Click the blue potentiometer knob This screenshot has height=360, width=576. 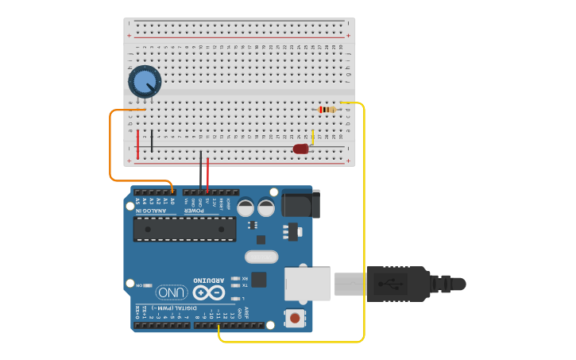click(144, 81)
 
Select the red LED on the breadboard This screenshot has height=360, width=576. click(300, 149)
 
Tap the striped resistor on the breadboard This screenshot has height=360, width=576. click(327, 109)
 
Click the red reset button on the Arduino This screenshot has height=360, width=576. click(295, 318)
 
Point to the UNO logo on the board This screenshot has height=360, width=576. click(172, 292)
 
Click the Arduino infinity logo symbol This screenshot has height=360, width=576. click(208, 292)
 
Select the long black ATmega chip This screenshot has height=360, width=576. click(184, 229)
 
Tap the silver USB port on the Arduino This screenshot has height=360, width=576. click(307, 284)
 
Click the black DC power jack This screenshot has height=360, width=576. click(300, 203)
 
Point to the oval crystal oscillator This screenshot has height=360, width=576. click(261, 257)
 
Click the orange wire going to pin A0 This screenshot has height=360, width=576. click(110, 151)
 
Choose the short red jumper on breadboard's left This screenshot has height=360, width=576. click(137, 144)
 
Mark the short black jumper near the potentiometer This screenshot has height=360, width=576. click(152, 141)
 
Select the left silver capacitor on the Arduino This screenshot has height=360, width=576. click(245, 208)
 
